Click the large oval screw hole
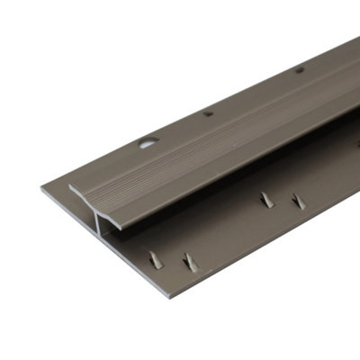coord(147,141)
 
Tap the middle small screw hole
coord(208,114)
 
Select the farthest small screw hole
coord(299,69)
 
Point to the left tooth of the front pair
coord(156,259)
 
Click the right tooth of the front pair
coord(190,263)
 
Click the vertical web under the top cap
coord(96,216)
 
